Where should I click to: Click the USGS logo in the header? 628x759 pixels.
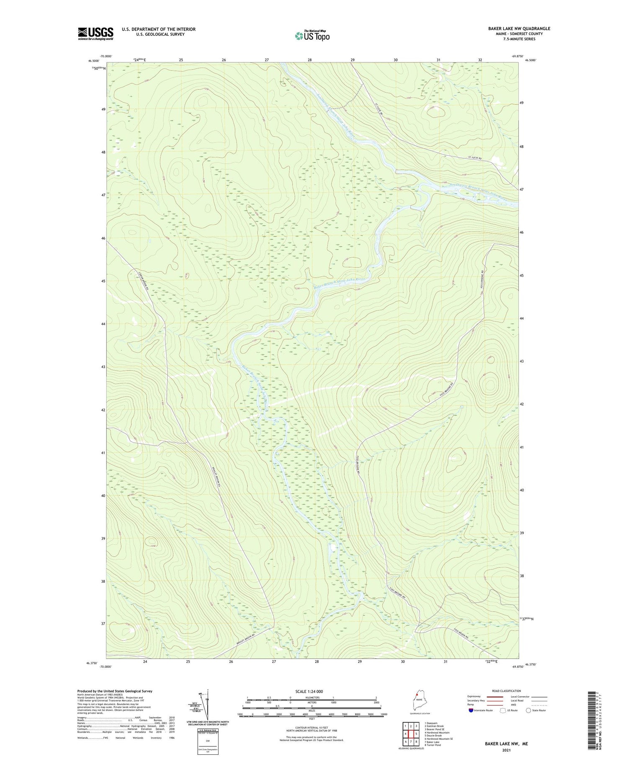click(x=95, y=33)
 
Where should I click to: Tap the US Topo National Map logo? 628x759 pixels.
click(x=312, y=36)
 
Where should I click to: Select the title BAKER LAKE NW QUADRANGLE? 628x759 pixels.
click(x=519, y=28)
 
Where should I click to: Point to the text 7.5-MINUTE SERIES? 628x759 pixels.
click(x=519, y=39)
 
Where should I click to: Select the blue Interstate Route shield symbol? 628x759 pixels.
click(x=471, y=710)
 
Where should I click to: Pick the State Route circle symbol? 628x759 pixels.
click(x=528, y=710)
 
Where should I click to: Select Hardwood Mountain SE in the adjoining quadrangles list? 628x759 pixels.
click(x=438, y=738)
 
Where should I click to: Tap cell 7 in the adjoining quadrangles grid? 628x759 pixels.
click(x=411, y=741)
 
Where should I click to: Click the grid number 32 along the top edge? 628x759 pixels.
click(x=480, y=60)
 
